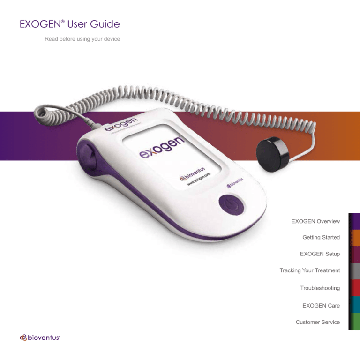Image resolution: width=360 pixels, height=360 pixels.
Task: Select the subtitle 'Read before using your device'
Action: (82, 39)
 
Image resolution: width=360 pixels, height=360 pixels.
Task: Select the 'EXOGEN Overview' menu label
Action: (315, 221)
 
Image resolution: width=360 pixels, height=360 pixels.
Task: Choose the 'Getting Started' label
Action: (321, 238)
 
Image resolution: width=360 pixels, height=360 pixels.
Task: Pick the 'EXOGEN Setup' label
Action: (320, 254)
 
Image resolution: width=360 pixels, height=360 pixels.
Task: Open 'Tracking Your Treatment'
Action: (310, 270)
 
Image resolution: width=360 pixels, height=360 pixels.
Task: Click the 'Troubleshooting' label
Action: (320, 288)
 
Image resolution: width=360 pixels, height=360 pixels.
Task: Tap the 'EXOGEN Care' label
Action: (321, 305)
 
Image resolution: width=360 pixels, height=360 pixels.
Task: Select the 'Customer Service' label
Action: (318, 322)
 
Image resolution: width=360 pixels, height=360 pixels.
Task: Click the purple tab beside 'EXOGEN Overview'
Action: (355, 221)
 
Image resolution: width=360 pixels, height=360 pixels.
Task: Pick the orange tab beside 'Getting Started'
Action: (355, 238)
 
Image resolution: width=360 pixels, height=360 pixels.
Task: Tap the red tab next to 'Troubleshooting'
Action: (355, 288)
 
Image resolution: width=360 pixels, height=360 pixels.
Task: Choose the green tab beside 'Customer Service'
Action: (355, 322)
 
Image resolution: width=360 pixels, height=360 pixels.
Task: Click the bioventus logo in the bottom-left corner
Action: (39, 337)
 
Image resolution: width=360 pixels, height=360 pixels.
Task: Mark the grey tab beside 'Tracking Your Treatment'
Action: (355, 270)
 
